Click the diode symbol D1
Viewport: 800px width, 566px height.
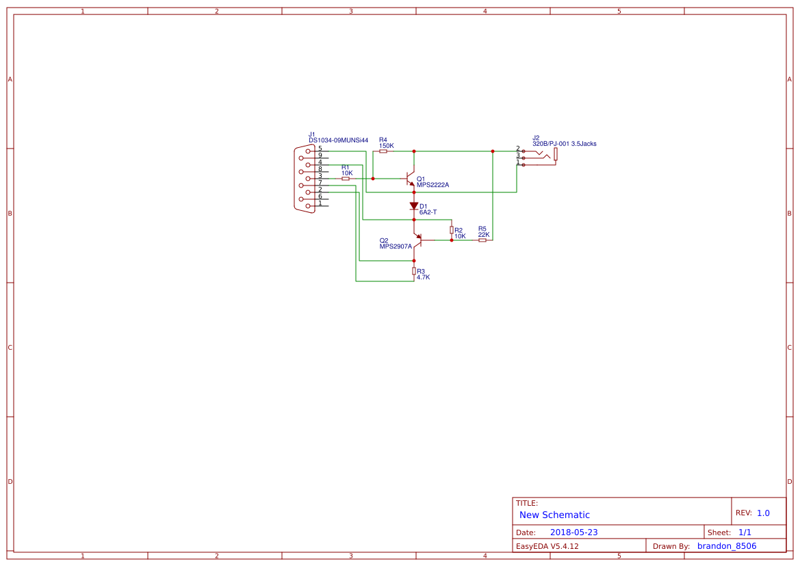(414, 205)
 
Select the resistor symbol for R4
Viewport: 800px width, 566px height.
(383, 151)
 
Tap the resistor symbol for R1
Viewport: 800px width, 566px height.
(346, 179)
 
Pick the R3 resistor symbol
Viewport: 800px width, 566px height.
(414, 271)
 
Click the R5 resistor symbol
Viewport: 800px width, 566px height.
(482, 240)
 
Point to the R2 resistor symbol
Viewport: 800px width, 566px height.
(452, 230)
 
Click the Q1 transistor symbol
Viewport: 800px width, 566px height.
(411, 179)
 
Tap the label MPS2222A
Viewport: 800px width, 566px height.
(433, 185)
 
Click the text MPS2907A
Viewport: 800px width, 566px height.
(396, 246)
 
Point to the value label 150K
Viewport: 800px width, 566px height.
(387, 146)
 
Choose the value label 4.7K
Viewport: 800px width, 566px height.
(423, 277)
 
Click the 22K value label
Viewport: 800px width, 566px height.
(483, 235)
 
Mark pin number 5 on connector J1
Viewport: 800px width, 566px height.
(320, 149)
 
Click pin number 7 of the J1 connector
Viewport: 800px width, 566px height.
(320, 182)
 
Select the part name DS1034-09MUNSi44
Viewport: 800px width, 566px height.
(338, 140)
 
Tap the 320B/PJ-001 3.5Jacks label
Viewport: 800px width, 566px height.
(564, 144)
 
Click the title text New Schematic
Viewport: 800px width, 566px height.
(554, 515)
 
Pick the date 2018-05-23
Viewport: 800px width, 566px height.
(573, 532)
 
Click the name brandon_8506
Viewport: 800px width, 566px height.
(727, 546)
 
